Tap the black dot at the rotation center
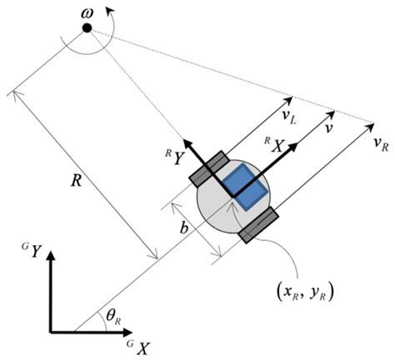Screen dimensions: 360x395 point(87,29)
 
